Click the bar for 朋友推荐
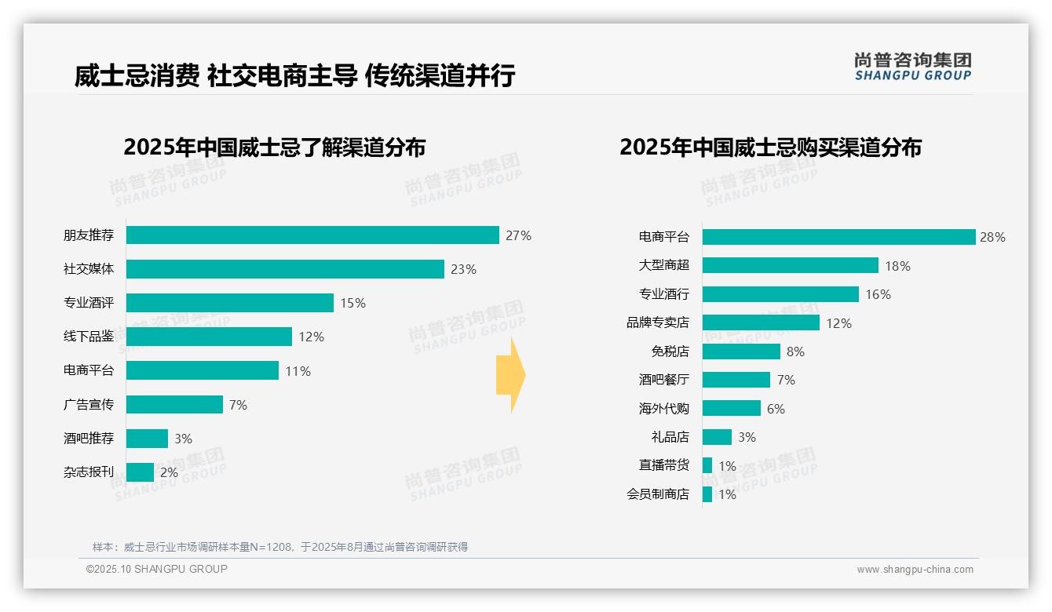point(312,235)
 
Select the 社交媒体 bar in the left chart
point(285,269)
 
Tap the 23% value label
point(463,269)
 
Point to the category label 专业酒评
point(89,303)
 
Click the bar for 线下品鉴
point(209,337)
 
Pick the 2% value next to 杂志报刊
point(169,472)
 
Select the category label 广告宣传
point(89,404)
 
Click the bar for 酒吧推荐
point(147,439)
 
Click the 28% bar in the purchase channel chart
point(838,237)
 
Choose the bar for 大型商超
point(790,265)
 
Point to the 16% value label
point(878,294)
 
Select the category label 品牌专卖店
point(658,322)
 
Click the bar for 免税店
point(741,352)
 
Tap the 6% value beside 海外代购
point(776,409)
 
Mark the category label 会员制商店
point(658,494)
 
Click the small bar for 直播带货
point(707,465)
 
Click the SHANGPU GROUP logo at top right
point(912,67)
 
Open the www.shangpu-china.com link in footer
point(915,570)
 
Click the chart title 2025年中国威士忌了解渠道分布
point(274,148)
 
